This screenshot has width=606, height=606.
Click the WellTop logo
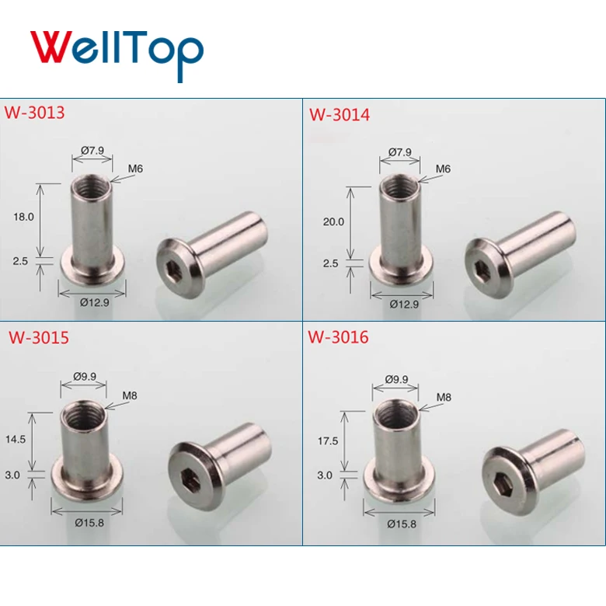point(117,49)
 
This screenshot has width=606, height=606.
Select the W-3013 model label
point(35,112)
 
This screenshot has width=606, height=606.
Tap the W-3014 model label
point(340,115)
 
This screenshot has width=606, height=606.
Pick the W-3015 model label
point(39,338)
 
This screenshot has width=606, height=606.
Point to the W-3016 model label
point(338,337)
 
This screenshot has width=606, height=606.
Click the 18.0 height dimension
point(24,217)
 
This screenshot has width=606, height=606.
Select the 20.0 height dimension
point(333,221)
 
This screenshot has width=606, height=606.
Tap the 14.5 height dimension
point(15,438)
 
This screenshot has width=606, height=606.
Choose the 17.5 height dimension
point(328,441)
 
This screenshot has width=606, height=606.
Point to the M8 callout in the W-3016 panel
point(443,397)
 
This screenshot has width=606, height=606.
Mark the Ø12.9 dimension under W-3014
point(404,304)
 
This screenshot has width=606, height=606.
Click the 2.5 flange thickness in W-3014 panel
point(330,263)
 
